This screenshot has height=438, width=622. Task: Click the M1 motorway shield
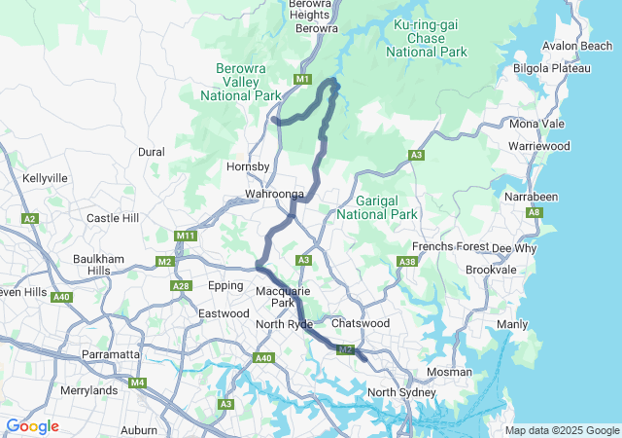coord(302,79)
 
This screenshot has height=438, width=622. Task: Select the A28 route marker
coord(181,285)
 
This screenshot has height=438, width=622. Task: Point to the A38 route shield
coord(407,261)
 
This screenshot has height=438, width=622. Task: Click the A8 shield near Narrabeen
coord(534,212)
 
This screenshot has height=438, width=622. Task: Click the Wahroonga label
coord(275,195)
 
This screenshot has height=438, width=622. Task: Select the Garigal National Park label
coord(377,206)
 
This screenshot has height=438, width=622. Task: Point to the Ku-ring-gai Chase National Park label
coord(428,37)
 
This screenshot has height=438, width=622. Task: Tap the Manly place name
coord(512,323)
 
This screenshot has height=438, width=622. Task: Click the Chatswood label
coord(360,323)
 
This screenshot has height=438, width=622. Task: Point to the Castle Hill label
coord(114,218)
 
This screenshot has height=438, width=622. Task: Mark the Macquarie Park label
coord(282,297)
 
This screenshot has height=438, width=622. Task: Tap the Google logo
coord(32,426)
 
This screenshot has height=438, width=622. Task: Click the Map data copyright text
coord(562,430)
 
